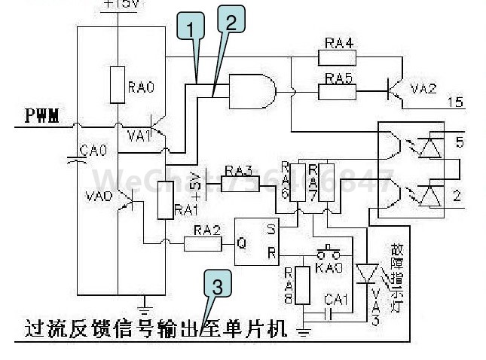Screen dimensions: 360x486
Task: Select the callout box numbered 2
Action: coord(230,23)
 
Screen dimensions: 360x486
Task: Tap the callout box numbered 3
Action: coord(216,286)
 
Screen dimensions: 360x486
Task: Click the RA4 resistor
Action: coord(339,57)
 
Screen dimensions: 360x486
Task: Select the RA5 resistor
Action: coord(339,90)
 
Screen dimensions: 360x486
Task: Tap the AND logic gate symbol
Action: coord(252,92)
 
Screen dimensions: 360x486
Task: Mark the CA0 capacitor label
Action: coord(98,151)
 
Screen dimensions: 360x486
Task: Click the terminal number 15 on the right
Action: coord(455,102)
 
